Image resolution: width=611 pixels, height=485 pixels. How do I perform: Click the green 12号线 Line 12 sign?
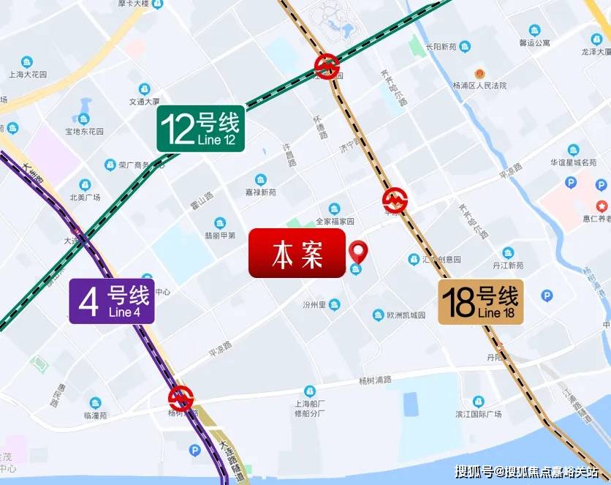(x=200, y=129)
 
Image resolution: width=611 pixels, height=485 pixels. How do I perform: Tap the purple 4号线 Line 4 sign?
(x=112, y=301)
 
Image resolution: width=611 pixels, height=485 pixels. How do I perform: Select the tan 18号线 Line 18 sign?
(x=481, y=301)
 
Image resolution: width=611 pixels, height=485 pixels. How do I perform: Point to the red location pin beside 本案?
(x=357, y=252)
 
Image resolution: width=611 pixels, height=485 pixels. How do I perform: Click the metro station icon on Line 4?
(x=181, y=399)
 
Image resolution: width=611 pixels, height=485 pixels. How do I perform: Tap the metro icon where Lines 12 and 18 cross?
(x=327, y=67)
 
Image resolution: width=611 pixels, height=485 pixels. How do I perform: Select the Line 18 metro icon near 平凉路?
(x=395, y=200)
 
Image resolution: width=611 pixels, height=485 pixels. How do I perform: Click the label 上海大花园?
(x=27, y=75)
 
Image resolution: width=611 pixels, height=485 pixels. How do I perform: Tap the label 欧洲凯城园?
(x=406, y=315)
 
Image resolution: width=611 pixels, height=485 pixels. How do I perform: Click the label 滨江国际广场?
(x=477, y=414)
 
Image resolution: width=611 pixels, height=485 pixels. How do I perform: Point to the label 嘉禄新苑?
(x=261, y=192)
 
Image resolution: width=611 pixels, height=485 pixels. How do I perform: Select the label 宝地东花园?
(x=84, y=132)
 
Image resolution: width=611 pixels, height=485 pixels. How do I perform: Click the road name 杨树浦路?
(x=376, y=380)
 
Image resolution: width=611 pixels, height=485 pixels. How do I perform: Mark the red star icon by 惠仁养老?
(x=601, y=206)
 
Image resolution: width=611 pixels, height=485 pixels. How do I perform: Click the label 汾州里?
(x=315, y=304)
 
